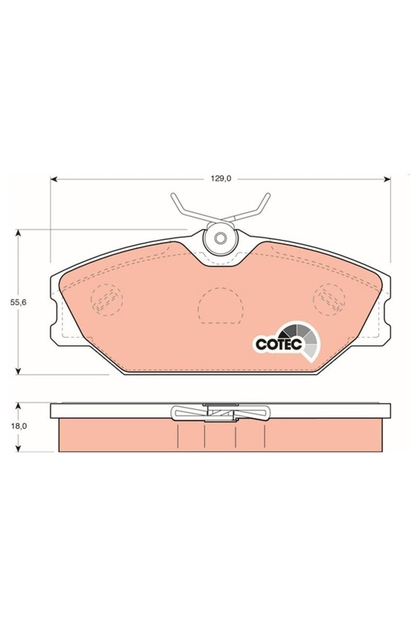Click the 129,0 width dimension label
(x=221, y=179)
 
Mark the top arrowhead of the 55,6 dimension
(x=18, y=233)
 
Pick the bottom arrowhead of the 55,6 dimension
(x=18, y=371)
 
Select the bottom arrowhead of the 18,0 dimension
(x=18, y=448)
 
